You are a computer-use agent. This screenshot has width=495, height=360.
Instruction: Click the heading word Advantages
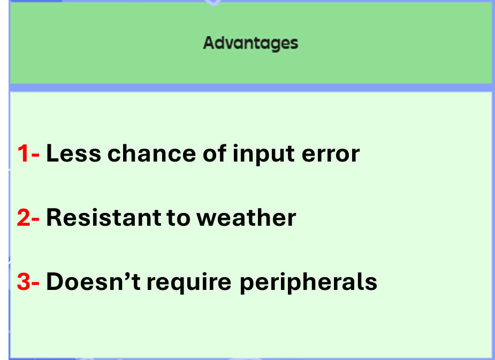click(x=250, y=43)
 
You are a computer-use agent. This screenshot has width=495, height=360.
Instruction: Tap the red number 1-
click(x=28, y=154)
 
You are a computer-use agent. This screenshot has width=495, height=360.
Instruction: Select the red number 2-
click(x=28, y=217)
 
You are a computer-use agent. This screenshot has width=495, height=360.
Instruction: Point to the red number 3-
click(x=28, y=281)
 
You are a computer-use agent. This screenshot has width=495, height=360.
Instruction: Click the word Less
click(x=73, y=154)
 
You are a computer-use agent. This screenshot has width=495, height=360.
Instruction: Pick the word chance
click(x=152, y=154)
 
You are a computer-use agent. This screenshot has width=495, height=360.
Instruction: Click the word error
click(x=331, y=155)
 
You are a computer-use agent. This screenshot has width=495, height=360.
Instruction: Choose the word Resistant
click(x=103, y=217)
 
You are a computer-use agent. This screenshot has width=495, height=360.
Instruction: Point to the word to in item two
click(x=178, y=218)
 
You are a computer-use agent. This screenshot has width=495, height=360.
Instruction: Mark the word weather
click(x=247, y=217)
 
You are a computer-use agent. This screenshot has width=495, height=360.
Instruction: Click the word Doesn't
click(x=94, y=281)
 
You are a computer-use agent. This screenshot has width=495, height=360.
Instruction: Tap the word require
click(x=189, y=282)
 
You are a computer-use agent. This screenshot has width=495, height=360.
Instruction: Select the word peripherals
click(x=308, y=282)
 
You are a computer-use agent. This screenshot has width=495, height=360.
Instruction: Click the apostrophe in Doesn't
click(x=127, y=275)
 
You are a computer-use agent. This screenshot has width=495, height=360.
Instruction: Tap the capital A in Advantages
click(x=209, y=43)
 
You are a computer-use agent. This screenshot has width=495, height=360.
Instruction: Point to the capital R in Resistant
click(x=55, y=217)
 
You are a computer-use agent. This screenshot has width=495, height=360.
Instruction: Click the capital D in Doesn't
click(x=56, y=281)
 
